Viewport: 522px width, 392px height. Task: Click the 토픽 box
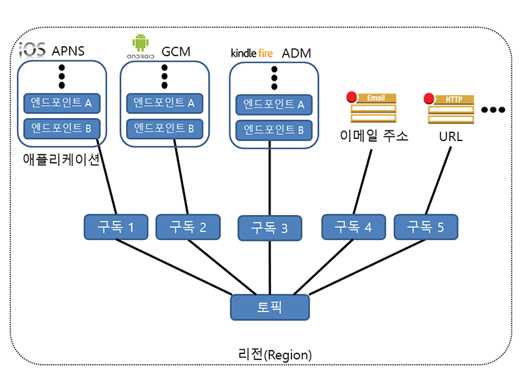pyautogui.click(x=270, y=307)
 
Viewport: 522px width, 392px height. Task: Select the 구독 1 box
pyautogui.click(x=116, y=227)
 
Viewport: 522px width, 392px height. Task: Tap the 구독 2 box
pyautogui.click(x=188, y=227)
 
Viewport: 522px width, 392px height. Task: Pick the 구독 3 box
pyautogui.click(x=270, y=229)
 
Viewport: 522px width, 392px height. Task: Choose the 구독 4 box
pyautogui.click(x=353, y=227)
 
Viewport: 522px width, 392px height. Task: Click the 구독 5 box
pyautogui.click(x=426, y=227)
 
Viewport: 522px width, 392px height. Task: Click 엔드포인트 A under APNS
pyautogui.click(x=62, y=103)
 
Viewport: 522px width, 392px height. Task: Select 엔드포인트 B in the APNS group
pyautogui.click(x=62, y=128)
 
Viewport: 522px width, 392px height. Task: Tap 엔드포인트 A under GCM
pyautogui.click(x=164, y=103)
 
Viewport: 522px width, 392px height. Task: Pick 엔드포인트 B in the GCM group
pyautogui.click(x=164, y=128)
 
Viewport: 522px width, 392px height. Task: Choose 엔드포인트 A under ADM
pyautogui.click(x=274, y=105)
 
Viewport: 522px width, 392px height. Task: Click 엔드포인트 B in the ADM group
pyautogui.click(x=274, y=130)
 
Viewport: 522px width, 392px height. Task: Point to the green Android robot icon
pyautogui.click(x=140, y=43)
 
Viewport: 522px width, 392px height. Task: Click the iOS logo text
pyautogui.click(x=33, y=50)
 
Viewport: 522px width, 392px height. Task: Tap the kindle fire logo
pyautogui.click(x=252, y=52)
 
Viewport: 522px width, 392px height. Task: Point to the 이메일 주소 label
pyautogui.click(x=374, y=136)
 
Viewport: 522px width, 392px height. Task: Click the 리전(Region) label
pyautogui.click(x=275, y=355)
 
